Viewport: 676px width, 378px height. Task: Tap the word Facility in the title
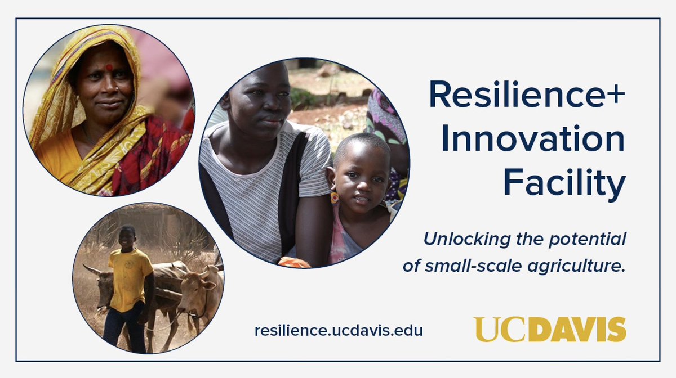click(x=564, y=182)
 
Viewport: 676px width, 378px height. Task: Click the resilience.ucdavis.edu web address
click(x=338, y=330)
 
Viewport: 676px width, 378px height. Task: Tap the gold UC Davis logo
click(x=549, y=329)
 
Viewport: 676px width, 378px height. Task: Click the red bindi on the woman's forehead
click(x=109, y=68)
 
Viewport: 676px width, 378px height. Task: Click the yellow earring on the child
click(x=335, y=197)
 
